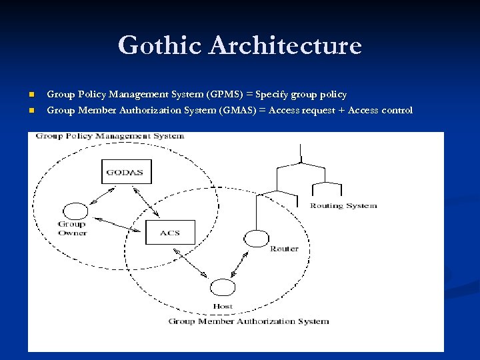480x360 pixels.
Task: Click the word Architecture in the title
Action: pyautogui.click(x=285, y=46)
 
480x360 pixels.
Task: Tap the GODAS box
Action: pyautogui.click(x=126, y=171)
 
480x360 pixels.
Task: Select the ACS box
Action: pyautogui.click(x=170, y=233)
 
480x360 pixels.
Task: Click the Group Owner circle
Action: pyautogui.click(x=74, y=211)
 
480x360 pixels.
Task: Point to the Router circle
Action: pyautogui.click(x=255, y=238)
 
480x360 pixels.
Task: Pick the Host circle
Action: pyautogui.click(x=222, y=288)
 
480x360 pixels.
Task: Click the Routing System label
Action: pyautogui.click(x=343, y=206)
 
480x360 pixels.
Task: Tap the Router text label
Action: pyautogui.click(x=284, y=249)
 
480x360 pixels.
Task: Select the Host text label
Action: pyautogui.click(x=222, y=307)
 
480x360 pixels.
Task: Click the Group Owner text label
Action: pyautogui.click(x=72, y=229)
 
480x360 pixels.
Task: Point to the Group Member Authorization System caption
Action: pyautogui.click(x=248, y=321)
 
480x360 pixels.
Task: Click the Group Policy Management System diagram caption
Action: pyautogui.click(x=110, y=136)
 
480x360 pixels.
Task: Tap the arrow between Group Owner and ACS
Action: pyautogui.click(x=119, y=224)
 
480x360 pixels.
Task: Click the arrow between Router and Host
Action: pyautogui.click(x=239, y=264)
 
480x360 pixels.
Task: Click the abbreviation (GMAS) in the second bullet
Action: pyautogui.click(x=241, y=111)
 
